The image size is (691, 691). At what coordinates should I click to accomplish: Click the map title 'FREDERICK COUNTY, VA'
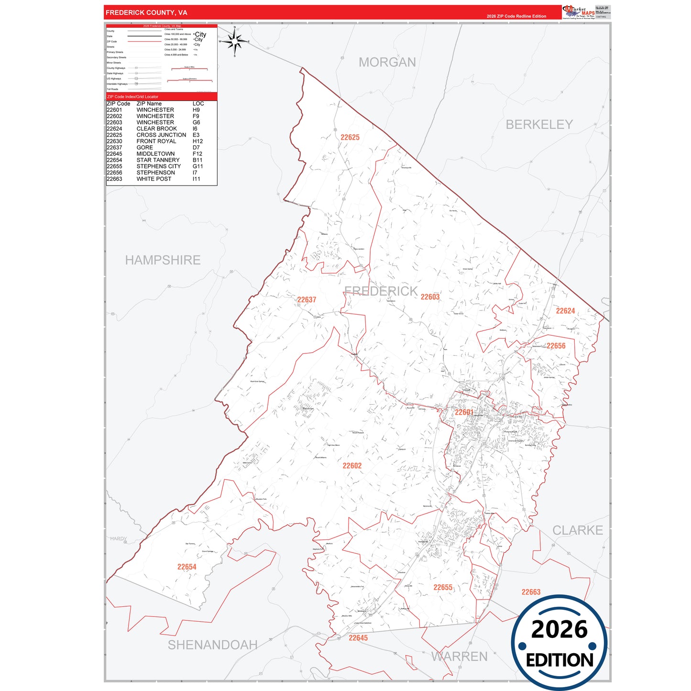coord(146,12)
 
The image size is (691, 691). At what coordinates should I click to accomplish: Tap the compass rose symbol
coord(234,42)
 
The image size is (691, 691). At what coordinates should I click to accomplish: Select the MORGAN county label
coord(387,62)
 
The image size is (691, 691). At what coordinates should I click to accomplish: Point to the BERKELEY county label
coord(539,124)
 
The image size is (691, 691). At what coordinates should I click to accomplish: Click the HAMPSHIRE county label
coord(163,260)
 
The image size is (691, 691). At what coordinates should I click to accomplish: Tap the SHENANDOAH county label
coord(212,645)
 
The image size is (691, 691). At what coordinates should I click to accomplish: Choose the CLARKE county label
coord(577,530)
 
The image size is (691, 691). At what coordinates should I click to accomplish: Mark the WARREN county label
coord(459,657)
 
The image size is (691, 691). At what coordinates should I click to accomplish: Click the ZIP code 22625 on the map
coord(350,137)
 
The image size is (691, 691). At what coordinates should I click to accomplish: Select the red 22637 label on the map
coord(307,300)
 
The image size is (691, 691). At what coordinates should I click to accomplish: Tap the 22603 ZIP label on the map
coord(430,297)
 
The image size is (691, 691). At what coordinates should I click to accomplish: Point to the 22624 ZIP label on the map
coord(565,311)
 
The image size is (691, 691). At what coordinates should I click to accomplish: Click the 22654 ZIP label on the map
coord(186,567)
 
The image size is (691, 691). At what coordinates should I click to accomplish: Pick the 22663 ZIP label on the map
coord(531,592)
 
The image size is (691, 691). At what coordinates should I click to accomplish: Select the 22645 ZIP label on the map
coord(358,638)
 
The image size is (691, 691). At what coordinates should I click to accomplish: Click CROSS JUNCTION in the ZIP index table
coord(161,135)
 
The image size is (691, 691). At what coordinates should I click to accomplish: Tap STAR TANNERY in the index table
coord(158,160)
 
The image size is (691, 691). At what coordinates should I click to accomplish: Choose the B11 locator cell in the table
coord(197,160)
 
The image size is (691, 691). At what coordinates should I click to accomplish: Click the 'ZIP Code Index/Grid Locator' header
coord(132,97)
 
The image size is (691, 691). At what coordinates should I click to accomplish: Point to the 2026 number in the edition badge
coord(559,629)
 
